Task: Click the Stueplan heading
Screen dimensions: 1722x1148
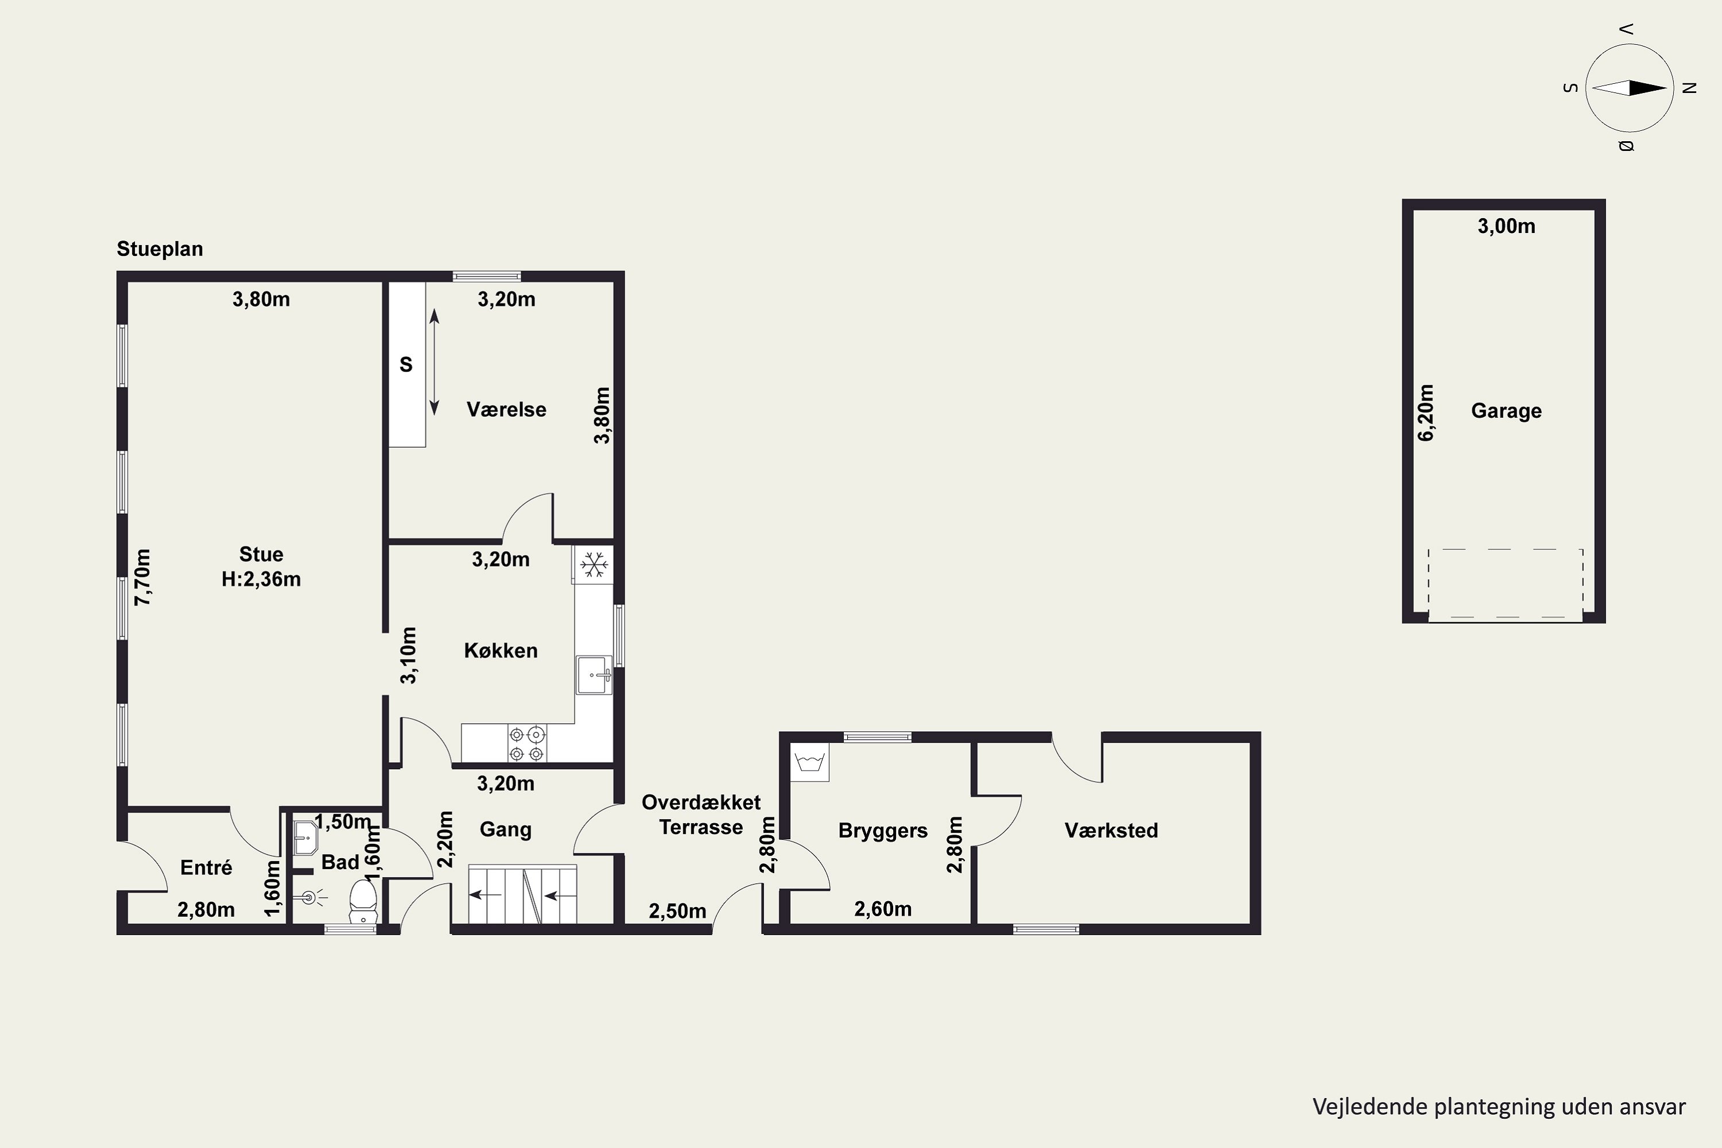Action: tap(160, 249)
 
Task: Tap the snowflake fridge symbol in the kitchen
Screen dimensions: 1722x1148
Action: tap(594, 564)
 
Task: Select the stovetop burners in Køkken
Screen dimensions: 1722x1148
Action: tap(527, 743)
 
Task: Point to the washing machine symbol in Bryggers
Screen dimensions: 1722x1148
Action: tap(810, 762)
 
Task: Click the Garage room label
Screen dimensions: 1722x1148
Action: tap(1506, 411)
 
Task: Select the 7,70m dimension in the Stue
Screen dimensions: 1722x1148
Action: tap(143, 577)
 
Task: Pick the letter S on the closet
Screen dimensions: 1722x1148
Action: tap(406, 364)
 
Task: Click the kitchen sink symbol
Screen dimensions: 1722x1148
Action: tap(594, 675)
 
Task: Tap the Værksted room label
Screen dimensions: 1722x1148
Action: tap(1111, 830)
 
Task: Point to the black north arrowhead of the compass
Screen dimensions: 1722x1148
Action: tap(1647, 88)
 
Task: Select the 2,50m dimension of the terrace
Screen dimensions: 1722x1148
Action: tap(677, 911)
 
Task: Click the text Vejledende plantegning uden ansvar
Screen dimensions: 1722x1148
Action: tap(1499, 1106)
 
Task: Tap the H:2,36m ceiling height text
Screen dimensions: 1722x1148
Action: tap(261, 579)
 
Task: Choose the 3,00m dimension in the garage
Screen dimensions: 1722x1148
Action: tap(1506, 226)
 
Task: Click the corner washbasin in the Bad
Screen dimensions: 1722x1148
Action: tap(305, 837)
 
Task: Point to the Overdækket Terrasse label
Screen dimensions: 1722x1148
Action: tap(701, 815)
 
